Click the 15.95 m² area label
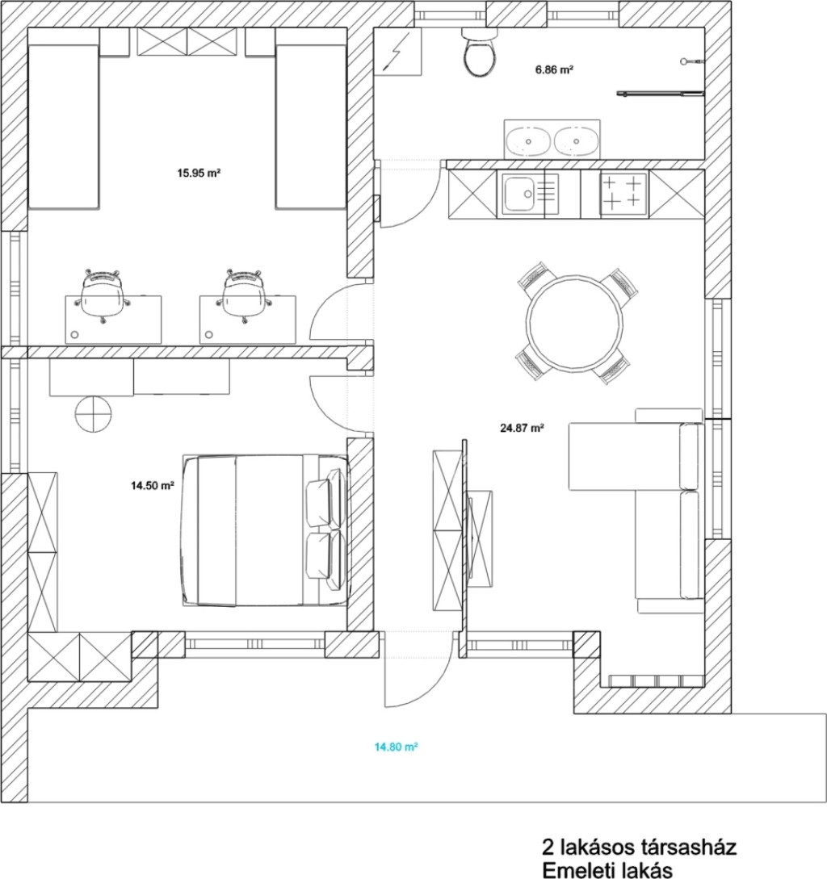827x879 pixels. point(199,174)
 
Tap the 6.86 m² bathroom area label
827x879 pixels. point(554,70)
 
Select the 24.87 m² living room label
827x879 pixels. point(522,429)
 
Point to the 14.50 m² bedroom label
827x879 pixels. point(153,485)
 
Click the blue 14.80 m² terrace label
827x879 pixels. point(396,747)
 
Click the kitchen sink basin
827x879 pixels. point(519,194)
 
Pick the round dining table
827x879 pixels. point(574,322)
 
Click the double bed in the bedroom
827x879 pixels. point(266,530)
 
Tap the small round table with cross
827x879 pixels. point(93,414)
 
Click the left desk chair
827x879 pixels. point(103,295)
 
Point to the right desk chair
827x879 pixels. point(244,295)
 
